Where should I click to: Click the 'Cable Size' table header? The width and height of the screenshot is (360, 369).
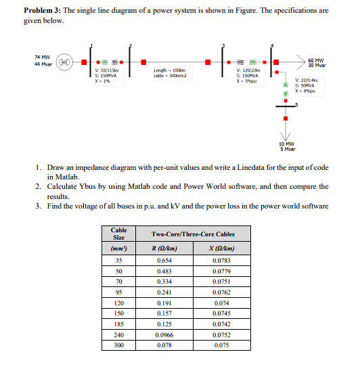(x=118, y=234)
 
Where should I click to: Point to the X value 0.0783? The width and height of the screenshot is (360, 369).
(x=221, y=260)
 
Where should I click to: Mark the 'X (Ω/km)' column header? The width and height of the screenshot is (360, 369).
(x=221, y=248)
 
